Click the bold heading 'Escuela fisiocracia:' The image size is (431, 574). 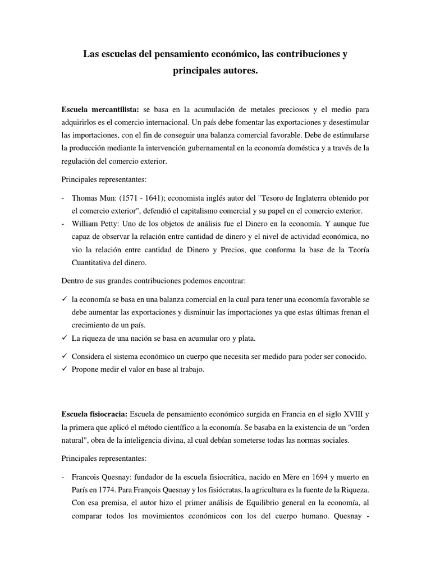(x=94, y=414)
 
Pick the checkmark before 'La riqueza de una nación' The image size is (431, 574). (x=65, y=338)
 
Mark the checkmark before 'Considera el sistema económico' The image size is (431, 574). (x=65, y=356)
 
